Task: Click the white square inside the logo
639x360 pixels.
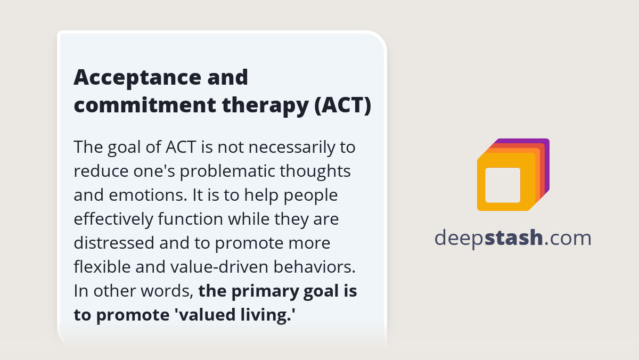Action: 503,185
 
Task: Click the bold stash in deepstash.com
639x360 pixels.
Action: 514,238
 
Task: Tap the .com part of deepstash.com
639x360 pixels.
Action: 568,238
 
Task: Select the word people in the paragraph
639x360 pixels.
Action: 311,195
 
